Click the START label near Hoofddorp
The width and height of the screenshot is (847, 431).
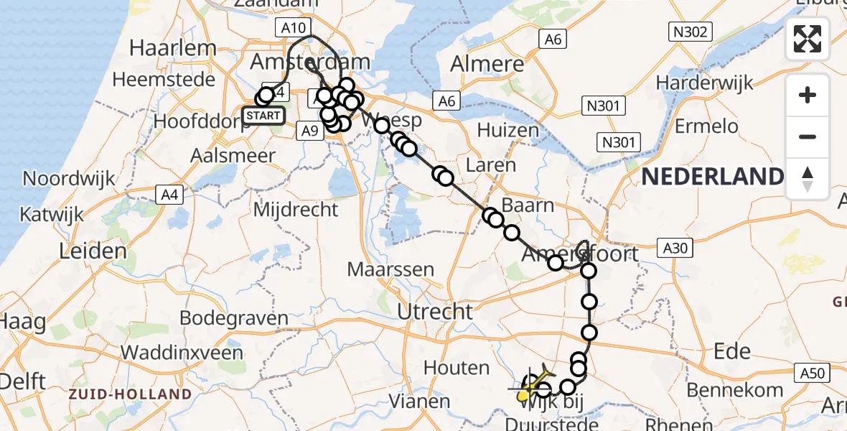point(263,116)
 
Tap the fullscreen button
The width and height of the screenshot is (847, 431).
point(808,39)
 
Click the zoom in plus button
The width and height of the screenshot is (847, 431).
point(808,95)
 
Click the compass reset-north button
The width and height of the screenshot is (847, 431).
point(808,178)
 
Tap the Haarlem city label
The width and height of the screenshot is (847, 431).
point(172,49)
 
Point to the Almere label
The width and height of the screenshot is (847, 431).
point(485,64)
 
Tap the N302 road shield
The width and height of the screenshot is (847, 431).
point(690,31)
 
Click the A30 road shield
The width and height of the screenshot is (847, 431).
point(675,249)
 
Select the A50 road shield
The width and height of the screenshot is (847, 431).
point(812,373)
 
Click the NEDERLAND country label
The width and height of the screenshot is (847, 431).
point(712,177)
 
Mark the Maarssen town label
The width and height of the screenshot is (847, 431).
point(390,270)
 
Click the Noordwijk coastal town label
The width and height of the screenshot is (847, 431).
point(68,178)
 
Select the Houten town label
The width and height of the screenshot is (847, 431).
point(457,368)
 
